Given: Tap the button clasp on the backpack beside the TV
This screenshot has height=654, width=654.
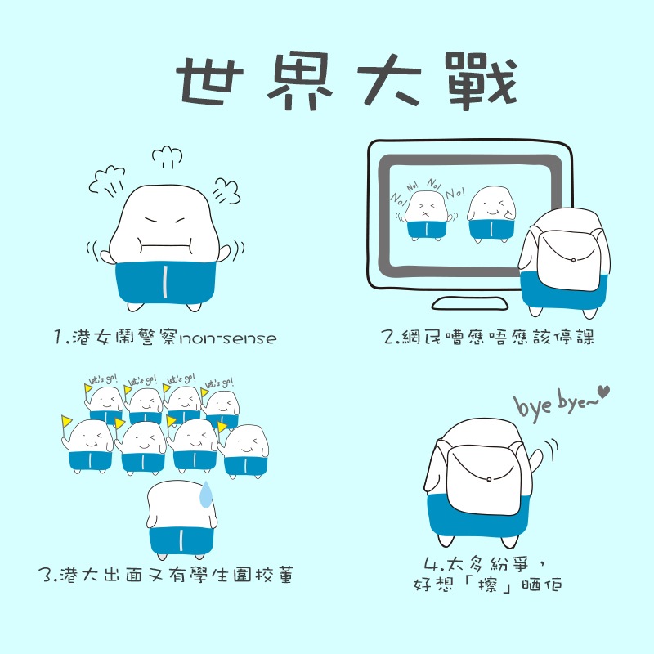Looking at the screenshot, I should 572,259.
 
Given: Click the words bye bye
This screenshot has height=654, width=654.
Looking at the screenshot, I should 552,402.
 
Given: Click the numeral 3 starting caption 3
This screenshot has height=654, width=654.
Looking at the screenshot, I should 45,575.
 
